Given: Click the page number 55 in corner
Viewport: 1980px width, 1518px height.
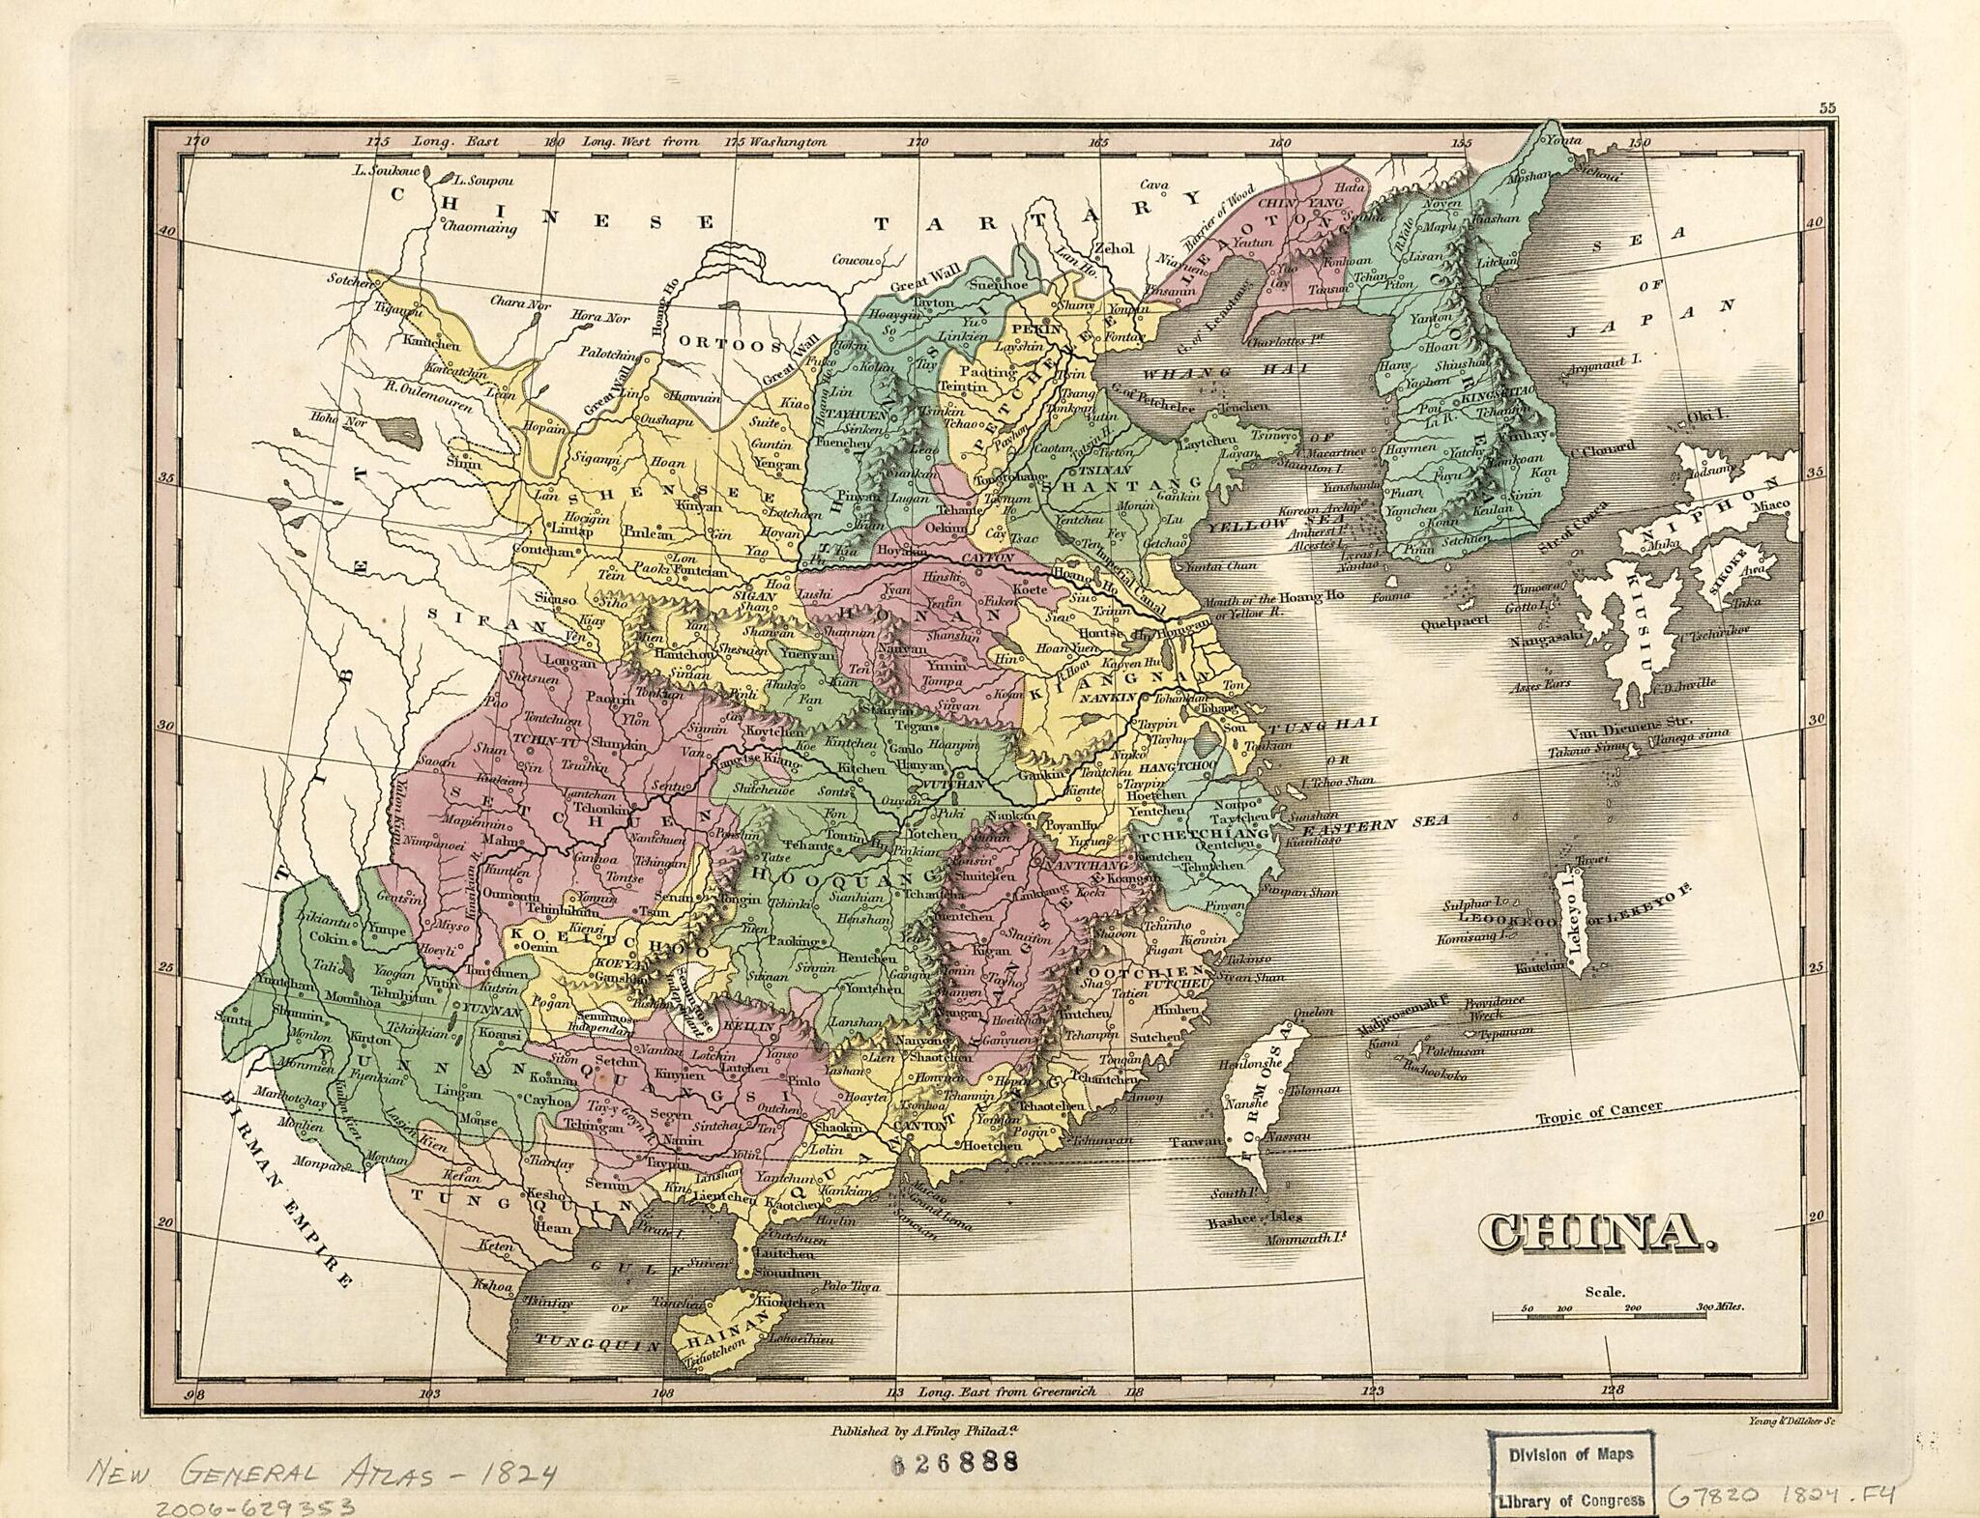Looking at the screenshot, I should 1826,108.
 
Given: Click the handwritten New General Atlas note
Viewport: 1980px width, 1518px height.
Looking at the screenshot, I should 324,1475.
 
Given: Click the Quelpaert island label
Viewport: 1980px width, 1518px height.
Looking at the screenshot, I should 1455,623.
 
